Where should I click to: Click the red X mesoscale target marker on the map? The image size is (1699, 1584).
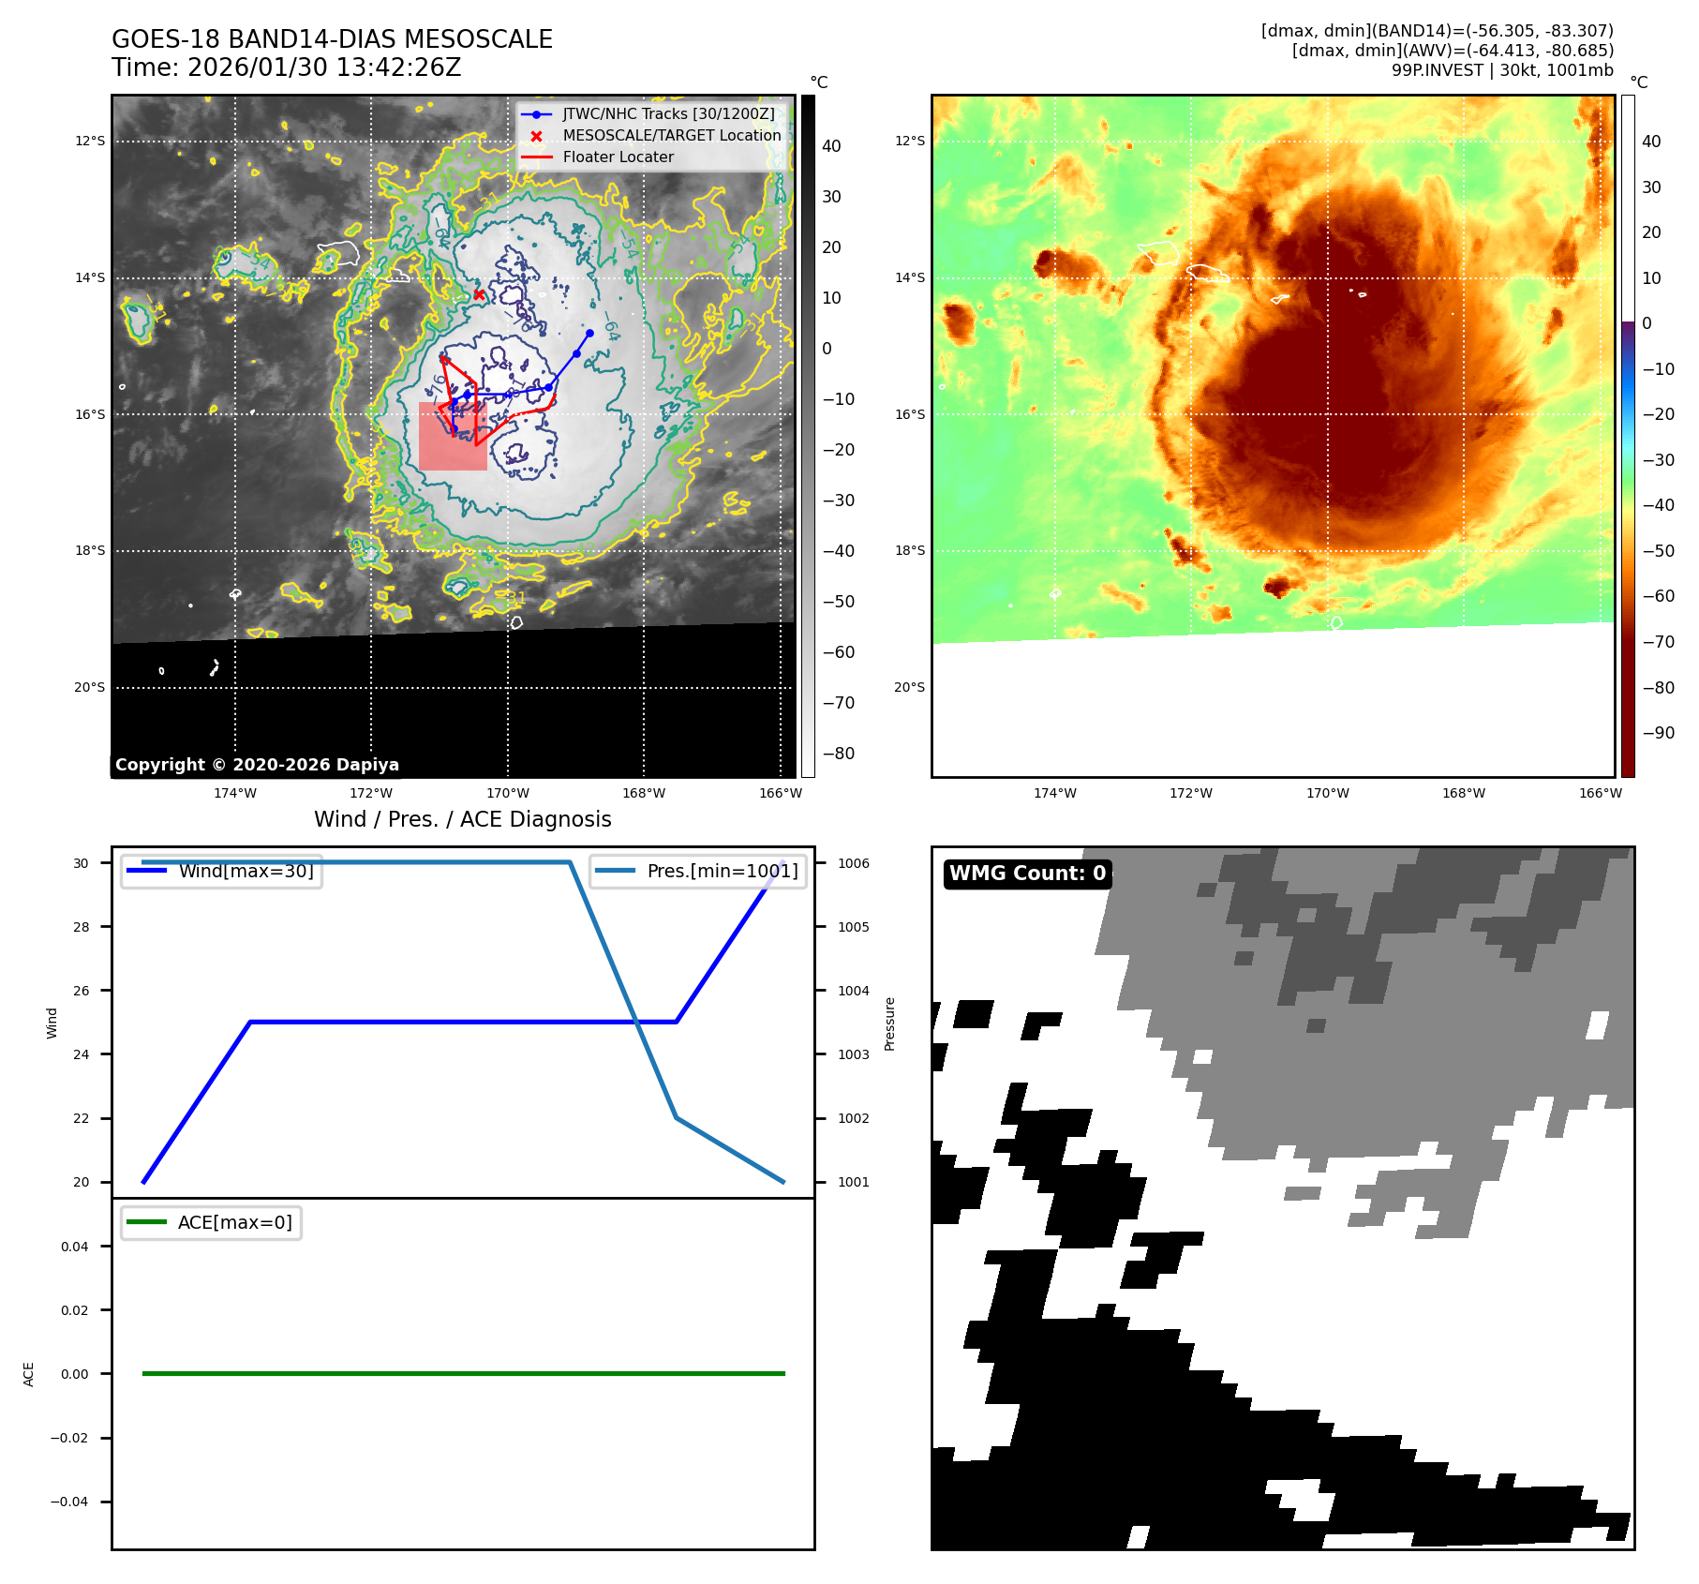click(479, 294)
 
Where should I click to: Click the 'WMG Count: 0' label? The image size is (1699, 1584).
click(1027, 874)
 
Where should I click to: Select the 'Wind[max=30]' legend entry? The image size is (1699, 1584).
click(246, 871)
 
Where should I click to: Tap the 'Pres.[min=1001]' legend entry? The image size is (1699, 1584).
click(722, 871)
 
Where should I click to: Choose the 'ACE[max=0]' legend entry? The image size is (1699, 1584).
click(234, 1222)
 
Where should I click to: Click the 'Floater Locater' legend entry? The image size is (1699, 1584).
click(618, 157)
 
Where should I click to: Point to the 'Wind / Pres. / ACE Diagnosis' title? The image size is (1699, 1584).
click(462, 819)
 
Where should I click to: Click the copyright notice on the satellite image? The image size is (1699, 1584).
click(257, 765)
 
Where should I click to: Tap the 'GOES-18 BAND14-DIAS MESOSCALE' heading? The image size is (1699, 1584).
click(332, 39)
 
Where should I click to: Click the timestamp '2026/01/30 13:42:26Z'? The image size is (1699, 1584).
click(323, 67)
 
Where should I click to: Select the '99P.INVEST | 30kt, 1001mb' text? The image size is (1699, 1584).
click(1501, 70)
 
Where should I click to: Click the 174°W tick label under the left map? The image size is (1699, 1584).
click(234, 793)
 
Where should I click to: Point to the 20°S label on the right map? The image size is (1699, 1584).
click(908, 687)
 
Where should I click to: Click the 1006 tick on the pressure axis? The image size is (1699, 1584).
click(853, 863)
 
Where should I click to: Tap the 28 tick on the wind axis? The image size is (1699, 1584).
click(82, 927)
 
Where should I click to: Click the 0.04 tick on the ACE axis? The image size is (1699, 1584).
click(74, 1247)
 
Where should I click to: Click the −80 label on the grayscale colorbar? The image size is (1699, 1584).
click(838, 754)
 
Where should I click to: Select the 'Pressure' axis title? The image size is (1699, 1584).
click(889, 1024)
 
